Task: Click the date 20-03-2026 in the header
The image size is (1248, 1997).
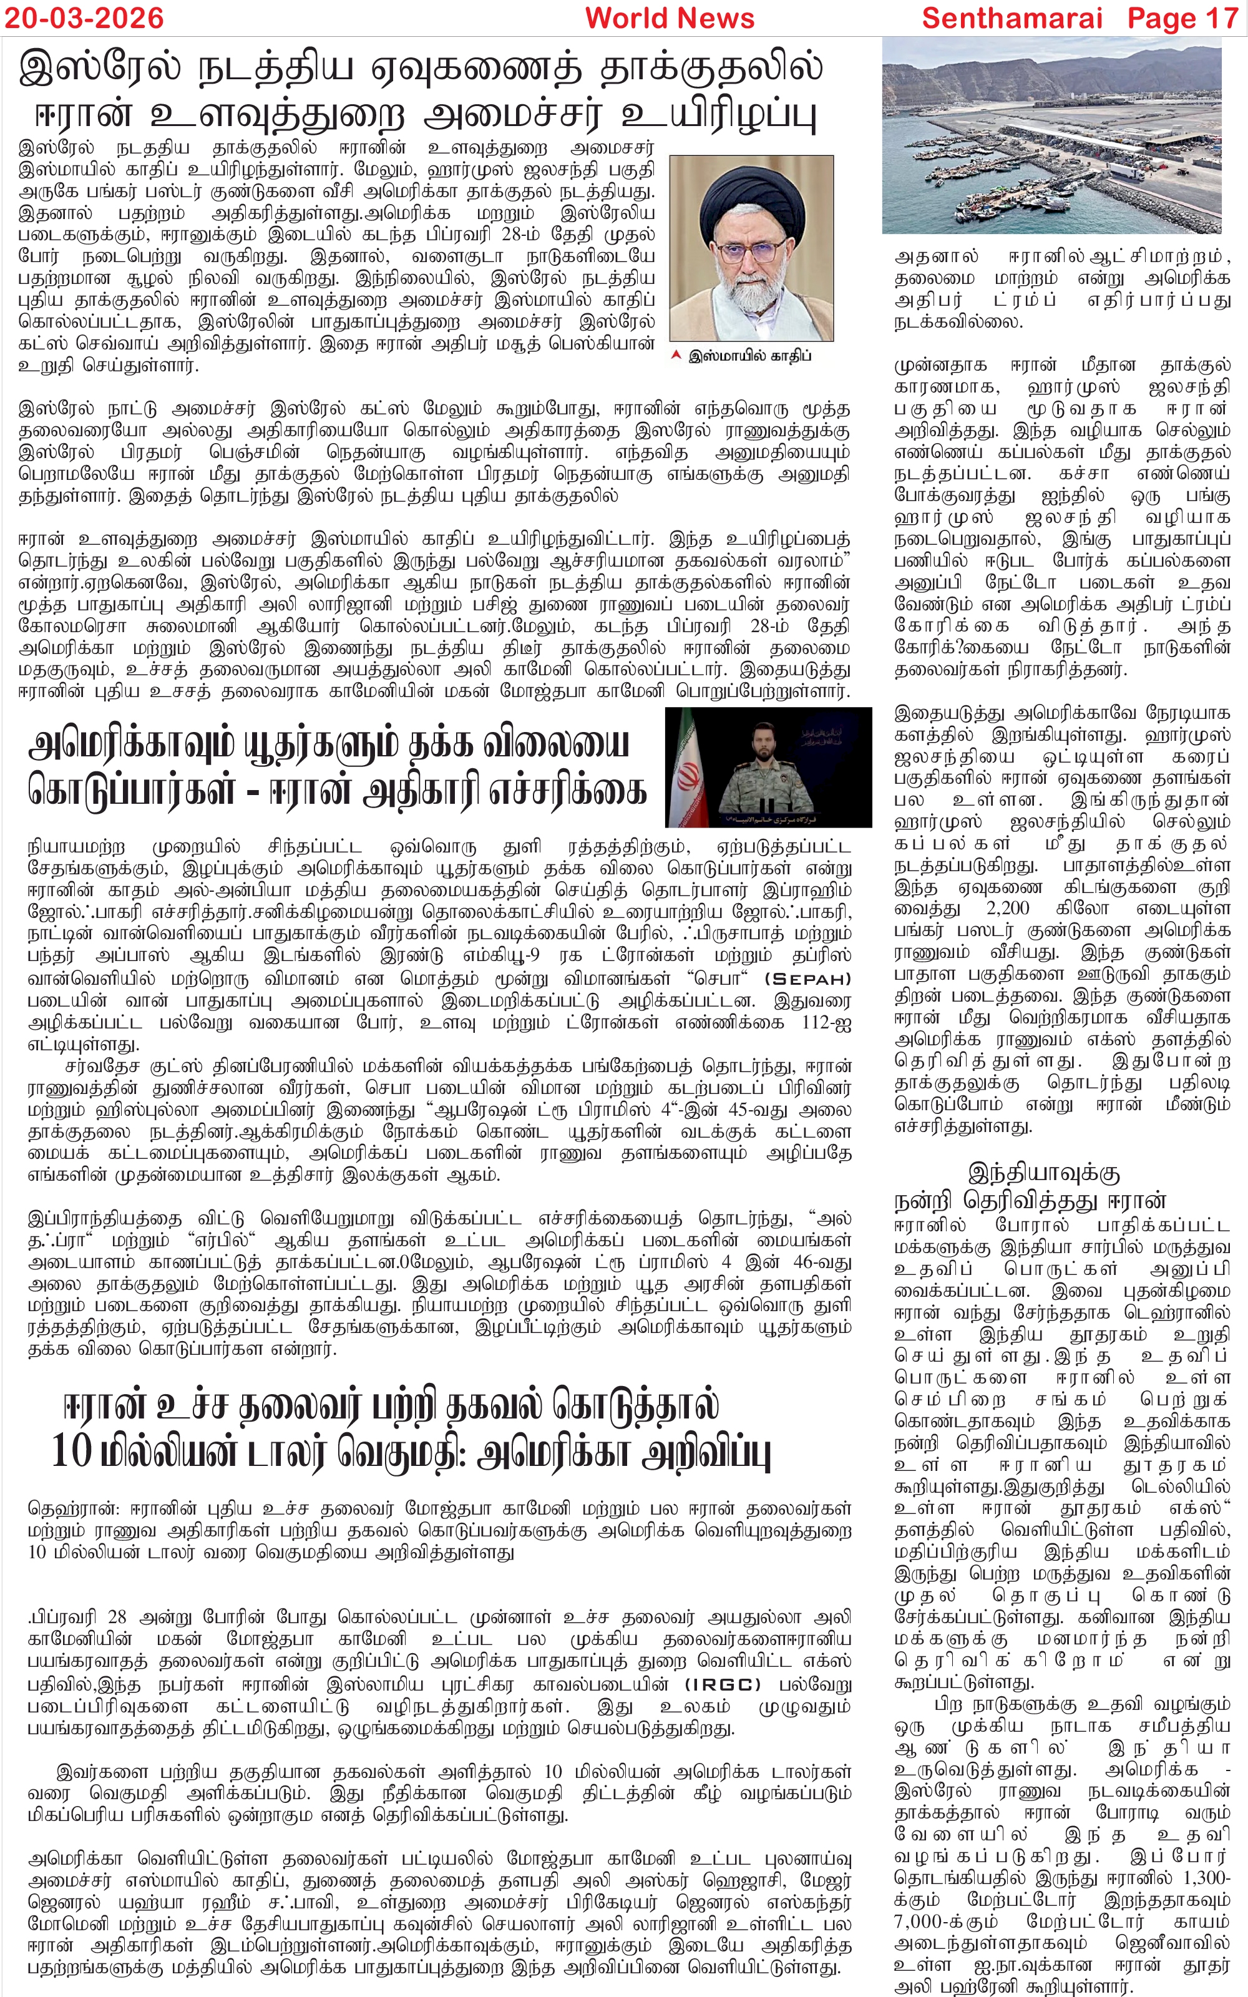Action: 84,18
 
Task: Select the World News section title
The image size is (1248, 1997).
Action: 670,18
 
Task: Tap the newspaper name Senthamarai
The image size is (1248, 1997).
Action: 1012,18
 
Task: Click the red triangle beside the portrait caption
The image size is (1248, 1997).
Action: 676,356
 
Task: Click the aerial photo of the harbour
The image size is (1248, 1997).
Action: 1051,136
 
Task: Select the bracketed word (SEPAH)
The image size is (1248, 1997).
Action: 807,980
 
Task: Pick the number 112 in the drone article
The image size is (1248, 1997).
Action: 817,1023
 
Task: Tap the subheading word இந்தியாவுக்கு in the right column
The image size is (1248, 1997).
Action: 1043,1173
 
